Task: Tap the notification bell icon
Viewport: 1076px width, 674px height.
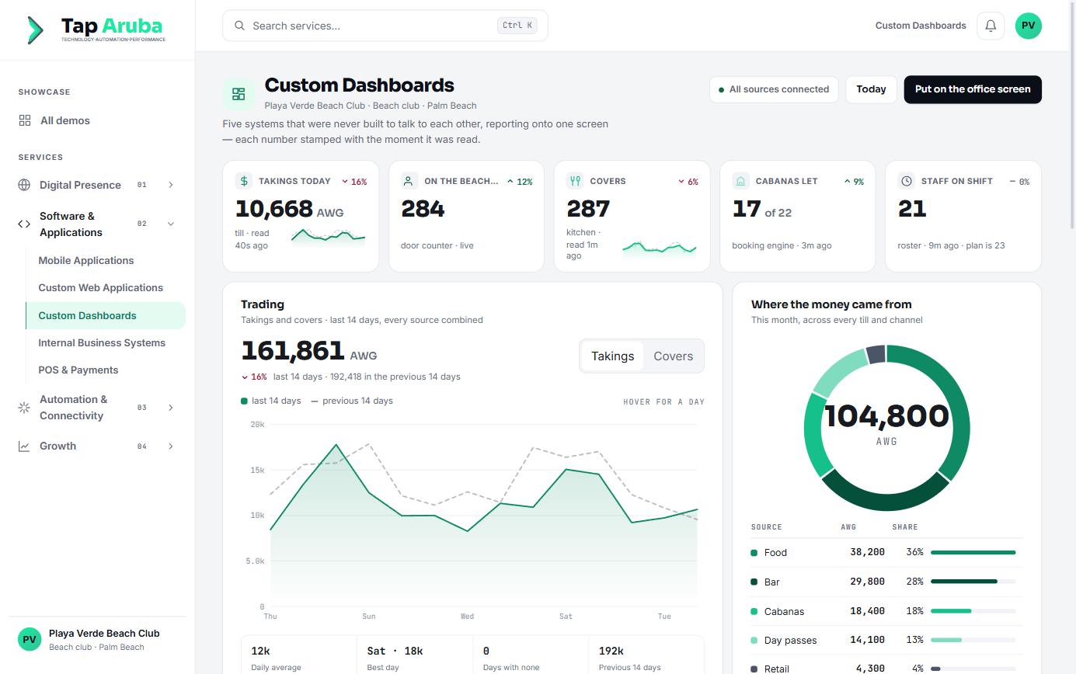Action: coord(991,26)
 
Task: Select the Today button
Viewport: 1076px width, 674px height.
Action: coord(871,89)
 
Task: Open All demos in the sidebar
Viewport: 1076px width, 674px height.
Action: coord(64,120)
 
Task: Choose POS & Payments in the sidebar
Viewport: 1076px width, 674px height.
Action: coord(78,370)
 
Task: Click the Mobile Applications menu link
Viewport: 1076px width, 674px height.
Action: coord(86,261)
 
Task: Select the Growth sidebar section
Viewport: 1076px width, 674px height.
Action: coord(57,446)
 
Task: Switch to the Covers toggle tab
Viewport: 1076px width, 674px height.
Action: coord(673,356)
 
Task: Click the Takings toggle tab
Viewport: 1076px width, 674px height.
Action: coord(612,356)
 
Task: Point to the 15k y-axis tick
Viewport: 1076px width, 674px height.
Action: coord(257,470)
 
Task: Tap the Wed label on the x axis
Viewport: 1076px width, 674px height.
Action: coord(467,617)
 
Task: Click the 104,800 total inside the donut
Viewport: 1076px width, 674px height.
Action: coord(886,415)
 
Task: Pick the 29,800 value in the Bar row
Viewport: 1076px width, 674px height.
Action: coord(867,582)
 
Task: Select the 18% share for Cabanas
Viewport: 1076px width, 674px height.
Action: coord(914,611)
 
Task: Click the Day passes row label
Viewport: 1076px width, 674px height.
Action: coord(790,641)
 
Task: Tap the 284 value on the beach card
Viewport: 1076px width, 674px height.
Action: coord(423,209)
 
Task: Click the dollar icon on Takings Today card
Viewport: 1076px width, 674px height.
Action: coord(244,181)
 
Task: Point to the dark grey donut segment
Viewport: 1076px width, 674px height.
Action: coord(876,354)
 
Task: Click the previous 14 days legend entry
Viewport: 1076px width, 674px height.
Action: coord(352,401)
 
